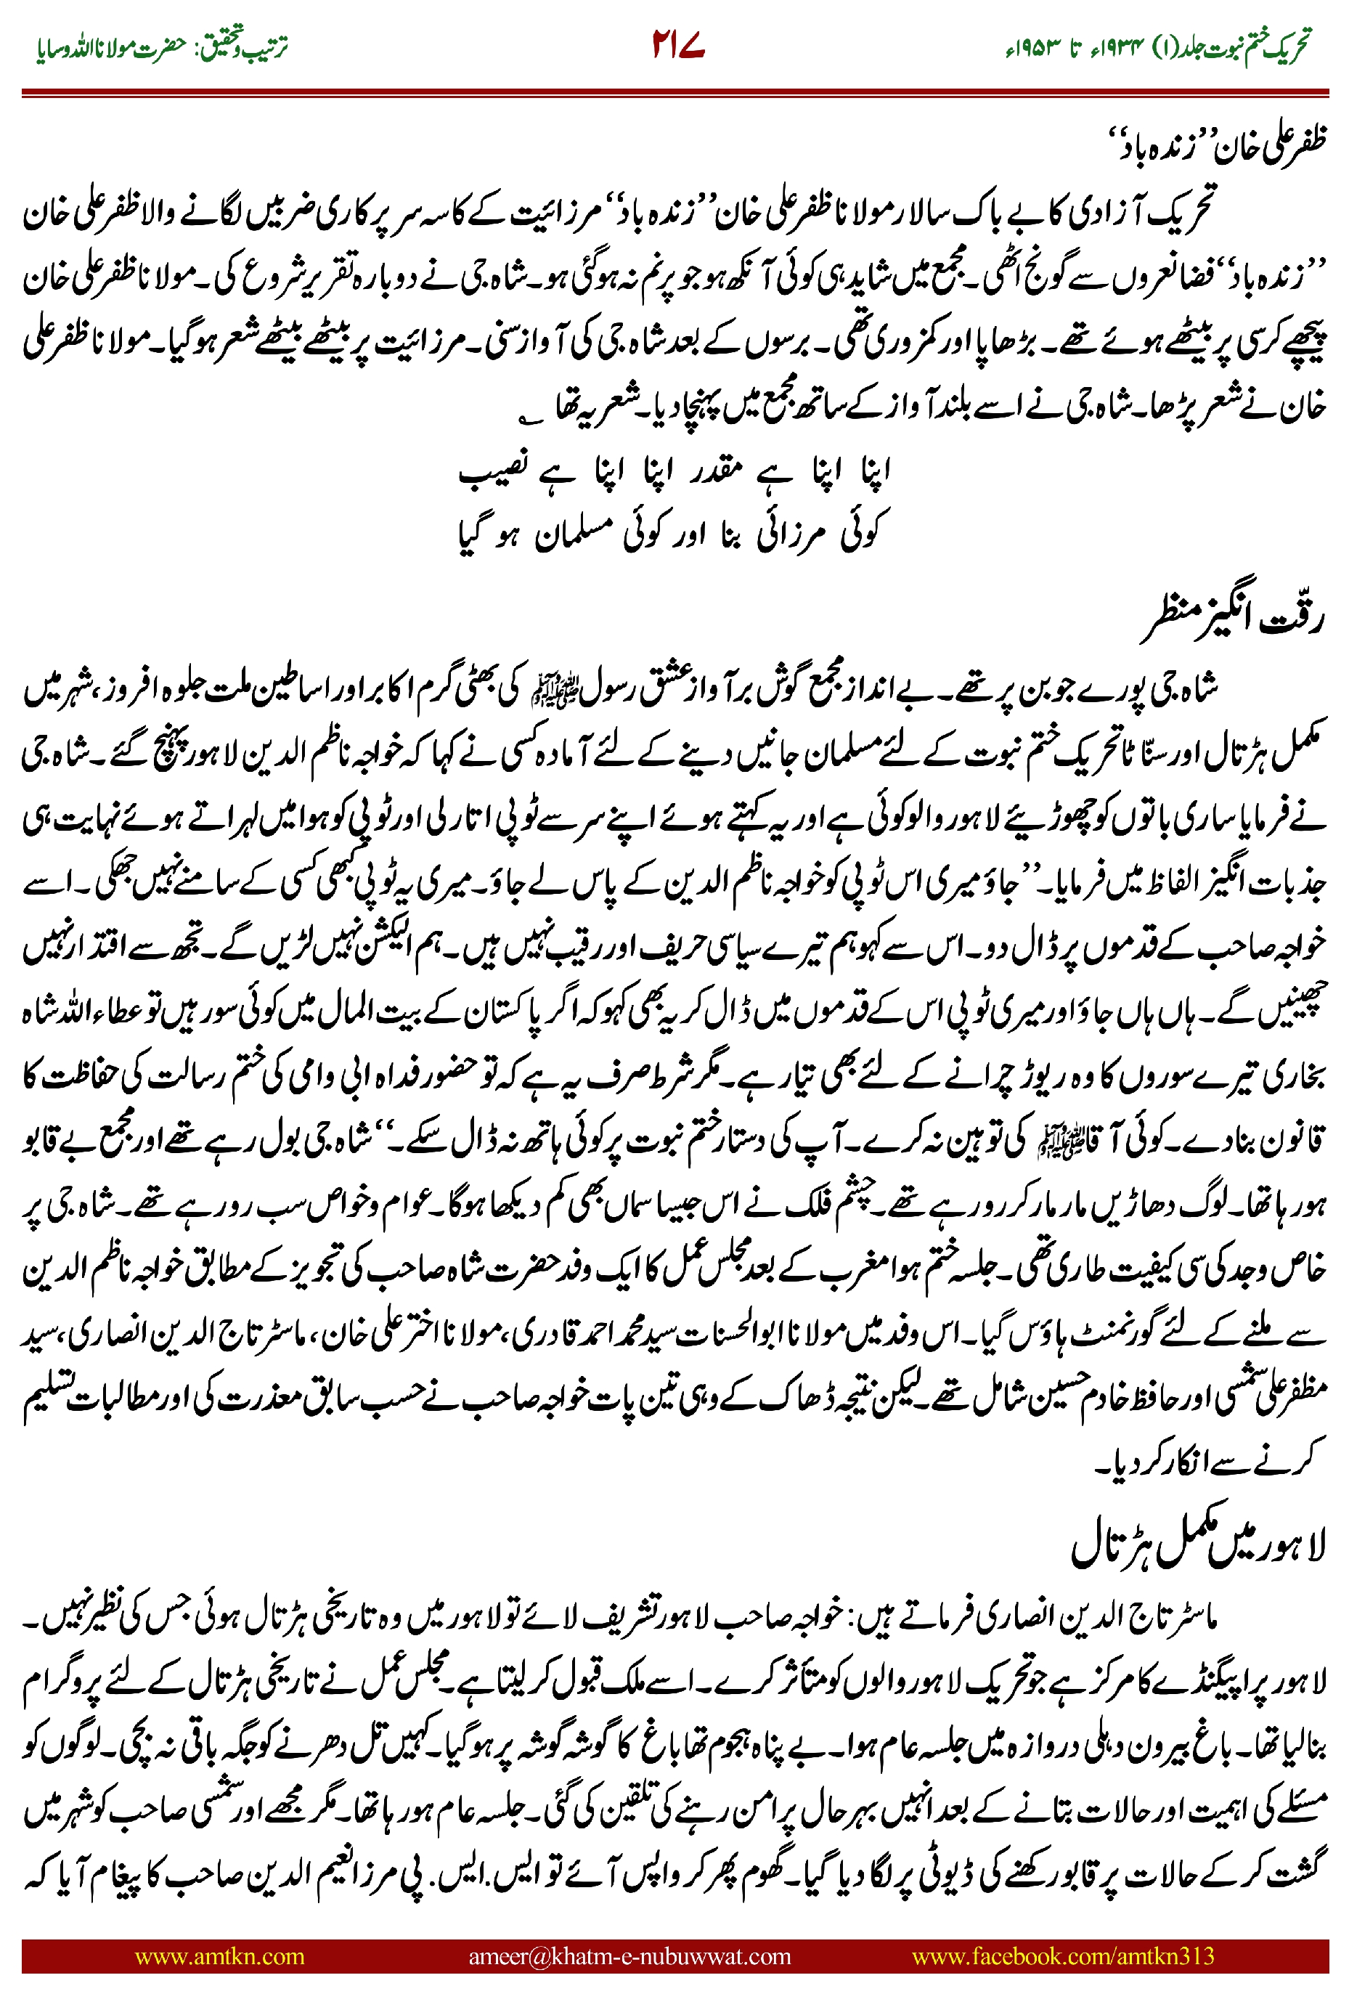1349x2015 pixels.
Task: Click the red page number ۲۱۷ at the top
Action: (678, 46)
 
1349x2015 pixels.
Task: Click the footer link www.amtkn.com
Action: (219, 1955)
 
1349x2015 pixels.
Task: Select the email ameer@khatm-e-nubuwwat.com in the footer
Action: (629, 1955)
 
